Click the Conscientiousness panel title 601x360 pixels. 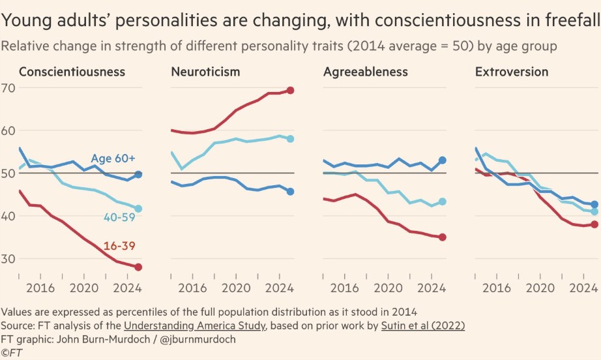[72, 72]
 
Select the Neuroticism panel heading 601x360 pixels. [205, 72]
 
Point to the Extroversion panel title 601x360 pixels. [512, 72]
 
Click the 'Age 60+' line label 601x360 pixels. [113, 158]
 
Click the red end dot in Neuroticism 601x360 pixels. [290, 91]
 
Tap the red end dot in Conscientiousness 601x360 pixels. [138, 267]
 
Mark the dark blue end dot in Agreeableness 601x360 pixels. [443, 160]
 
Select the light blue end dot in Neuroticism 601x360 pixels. [290, 139]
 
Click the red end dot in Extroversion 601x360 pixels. [594, 224]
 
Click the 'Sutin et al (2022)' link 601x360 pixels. [419, 325]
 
